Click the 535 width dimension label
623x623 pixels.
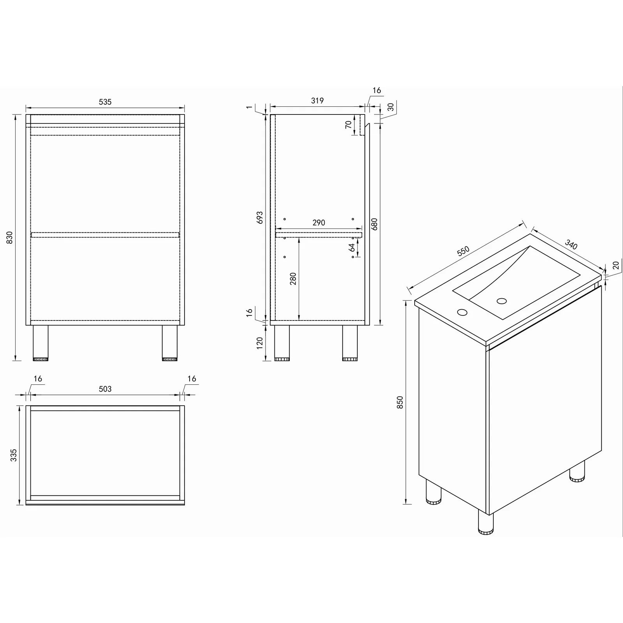(105, 102)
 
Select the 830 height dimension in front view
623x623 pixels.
(10, 238)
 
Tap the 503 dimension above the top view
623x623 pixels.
(105, 389)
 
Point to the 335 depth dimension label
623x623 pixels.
(14, 455)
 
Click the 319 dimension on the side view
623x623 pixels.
(317, 101)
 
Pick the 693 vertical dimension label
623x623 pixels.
(260, 218)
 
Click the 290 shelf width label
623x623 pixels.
(319, 223)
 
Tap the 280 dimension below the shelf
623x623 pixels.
(293, 279)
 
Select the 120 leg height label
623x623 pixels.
(260, 343)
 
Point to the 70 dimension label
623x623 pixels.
(348, 125)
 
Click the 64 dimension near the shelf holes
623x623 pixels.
(352, 248)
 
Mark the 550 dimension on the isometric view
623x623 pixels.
(463, 251)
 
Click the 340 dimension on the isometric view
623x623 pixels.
(571, 245)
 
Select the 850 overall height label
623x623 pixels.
(400, 402)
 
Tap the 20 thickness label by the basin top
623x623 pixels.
(616, 265)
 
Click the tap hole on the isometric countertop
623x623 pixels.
(463, 312)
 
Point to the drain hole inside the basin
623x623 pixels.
(502, 301)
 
